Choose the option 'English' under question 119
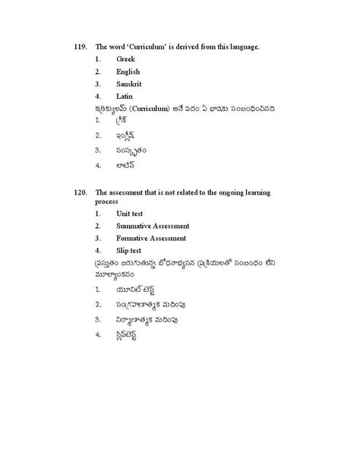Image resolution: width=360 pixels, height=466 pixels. click(x=129, y=72)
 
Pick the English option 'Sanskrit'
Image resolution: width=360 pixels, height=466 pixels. click(x=130, y=85)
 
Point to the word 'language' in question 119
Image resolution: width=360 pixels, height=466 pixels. click(x=243, y=47)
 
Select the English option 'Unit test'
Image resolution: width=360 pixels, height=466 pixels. click(x=132, y=214)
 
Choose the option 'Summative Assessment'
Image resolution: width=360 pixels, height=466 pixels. click(x=153, y=226)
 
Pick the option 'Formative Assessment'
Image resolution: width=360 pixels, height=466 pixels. click(x=151, y=238)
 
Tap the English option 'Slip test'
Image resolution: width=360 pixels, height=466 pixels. click(x=131, y=250)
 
